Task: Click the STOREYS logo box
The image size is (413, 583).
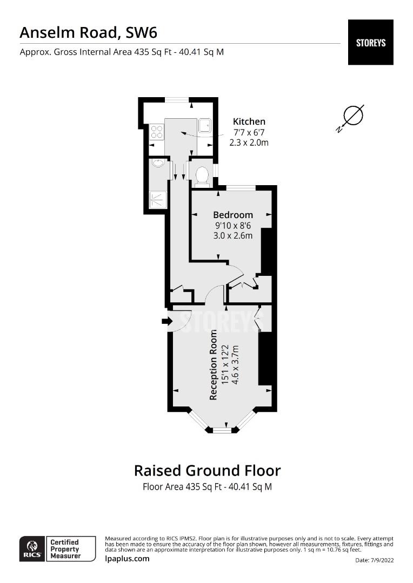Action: pyautogui.click(x=370, y=42)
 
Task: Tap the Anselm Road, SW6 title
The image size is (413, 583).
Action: pyautogui.click(x=88, y=32)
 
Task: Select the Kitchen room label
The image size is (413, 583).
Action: pyautogui.click(x=249, y=121)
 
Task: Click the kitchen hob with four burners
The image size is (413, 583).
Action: pyautogui.click(x=157, y=131)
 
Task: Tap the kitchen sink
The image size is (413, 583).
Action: pyautogui.click(x=204, y=126)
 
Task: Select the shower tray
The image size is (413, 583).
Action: pyautogui.click(x=158, y=200)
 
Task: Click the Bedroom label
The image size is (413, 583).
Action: pyautogui.click(x=232, y=215)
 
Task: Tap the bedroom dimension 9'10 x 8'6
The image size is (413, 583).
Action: pyautogui.click(x=232, y=225)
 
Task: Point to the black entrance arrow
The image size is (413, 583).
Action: pyautogui.click(x=166, y=322)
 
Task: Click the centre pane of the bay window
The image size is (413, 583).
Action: pyautogui.click(x=222, y=430)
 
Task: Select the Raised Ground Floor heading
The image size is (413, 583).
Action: pyautogui.click(x=207, y=470)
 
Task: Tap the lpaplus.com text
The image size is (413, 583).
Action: pyautogui.click(x=127, y=559)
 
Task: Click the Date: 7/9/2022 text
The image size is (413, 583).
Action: pyautogui.click(x=375, y=560)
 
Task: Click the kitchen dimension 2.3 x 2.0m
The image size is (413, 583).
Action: pyautogui.click(x=249, y=143)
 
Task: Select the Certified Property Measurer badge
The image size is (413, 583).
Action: pyautogui.click(x=64, y=548)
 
